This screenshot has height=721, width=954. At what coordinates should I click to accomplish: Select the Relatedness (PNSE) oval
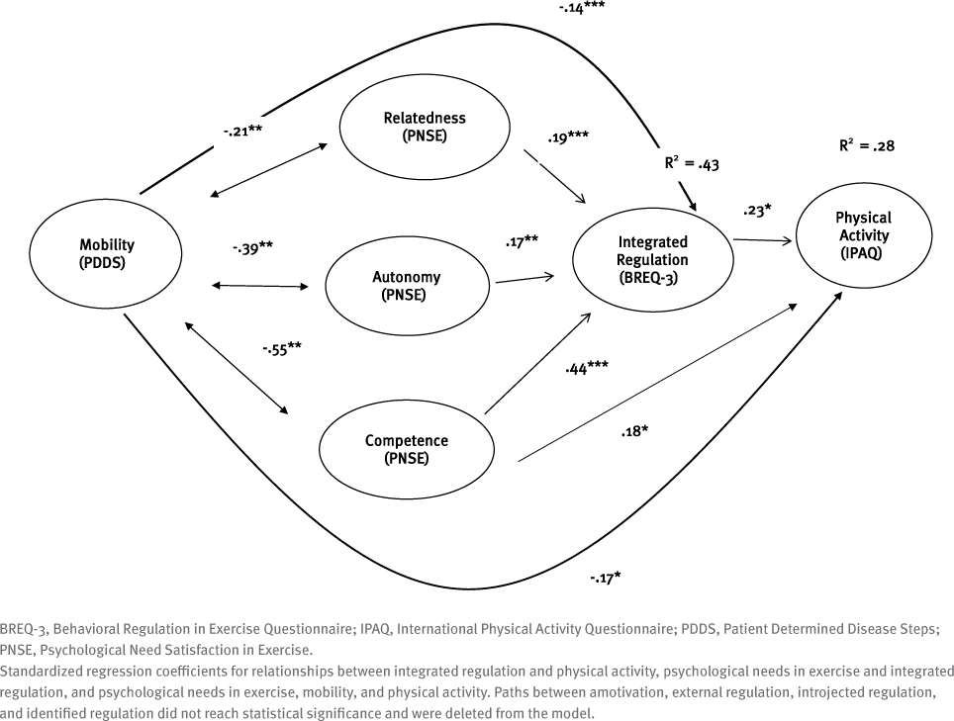[x=425, y=127]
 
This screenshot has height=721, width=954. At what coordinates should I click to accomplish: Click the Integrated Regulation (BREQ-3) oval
[x=652, y=259]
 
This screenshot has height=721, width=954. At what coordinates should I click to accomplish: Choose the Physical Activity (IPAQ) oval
[x=863, y=234]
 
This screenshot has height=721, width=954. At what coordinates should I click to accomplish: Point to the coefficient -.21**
[x=242, y=130]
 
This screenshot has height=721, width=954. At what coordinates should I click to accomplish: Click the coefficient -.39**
[x=252, y=248]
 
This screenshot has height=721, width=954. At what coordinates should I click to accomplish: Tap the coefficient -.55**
[x=282, y=348]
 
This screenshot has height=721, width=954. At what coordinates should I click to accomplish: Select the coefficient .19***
[x=568, y=136]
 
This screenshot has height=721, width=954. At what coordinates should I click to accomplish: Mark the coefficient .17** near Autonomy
[x=522, y=240]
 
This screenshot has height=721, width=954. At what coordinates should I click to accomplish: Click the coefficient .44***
[x=586, y=368]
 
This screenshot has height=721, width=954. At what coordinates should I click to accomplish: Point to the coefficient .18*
[x=634, y=431]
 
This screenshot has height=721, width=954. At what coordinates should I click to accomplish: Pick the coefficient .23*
[x=757, y=210]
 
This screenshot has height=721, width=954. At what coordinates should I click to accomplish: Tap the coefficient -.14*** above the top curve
[x=582, y=6]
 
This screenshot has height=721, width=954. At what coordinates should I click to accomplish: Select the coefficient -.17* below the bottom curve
[x=605, y=576]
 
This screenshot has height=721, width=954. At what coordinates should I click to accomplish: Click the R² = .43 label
[x=692, y=163]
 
